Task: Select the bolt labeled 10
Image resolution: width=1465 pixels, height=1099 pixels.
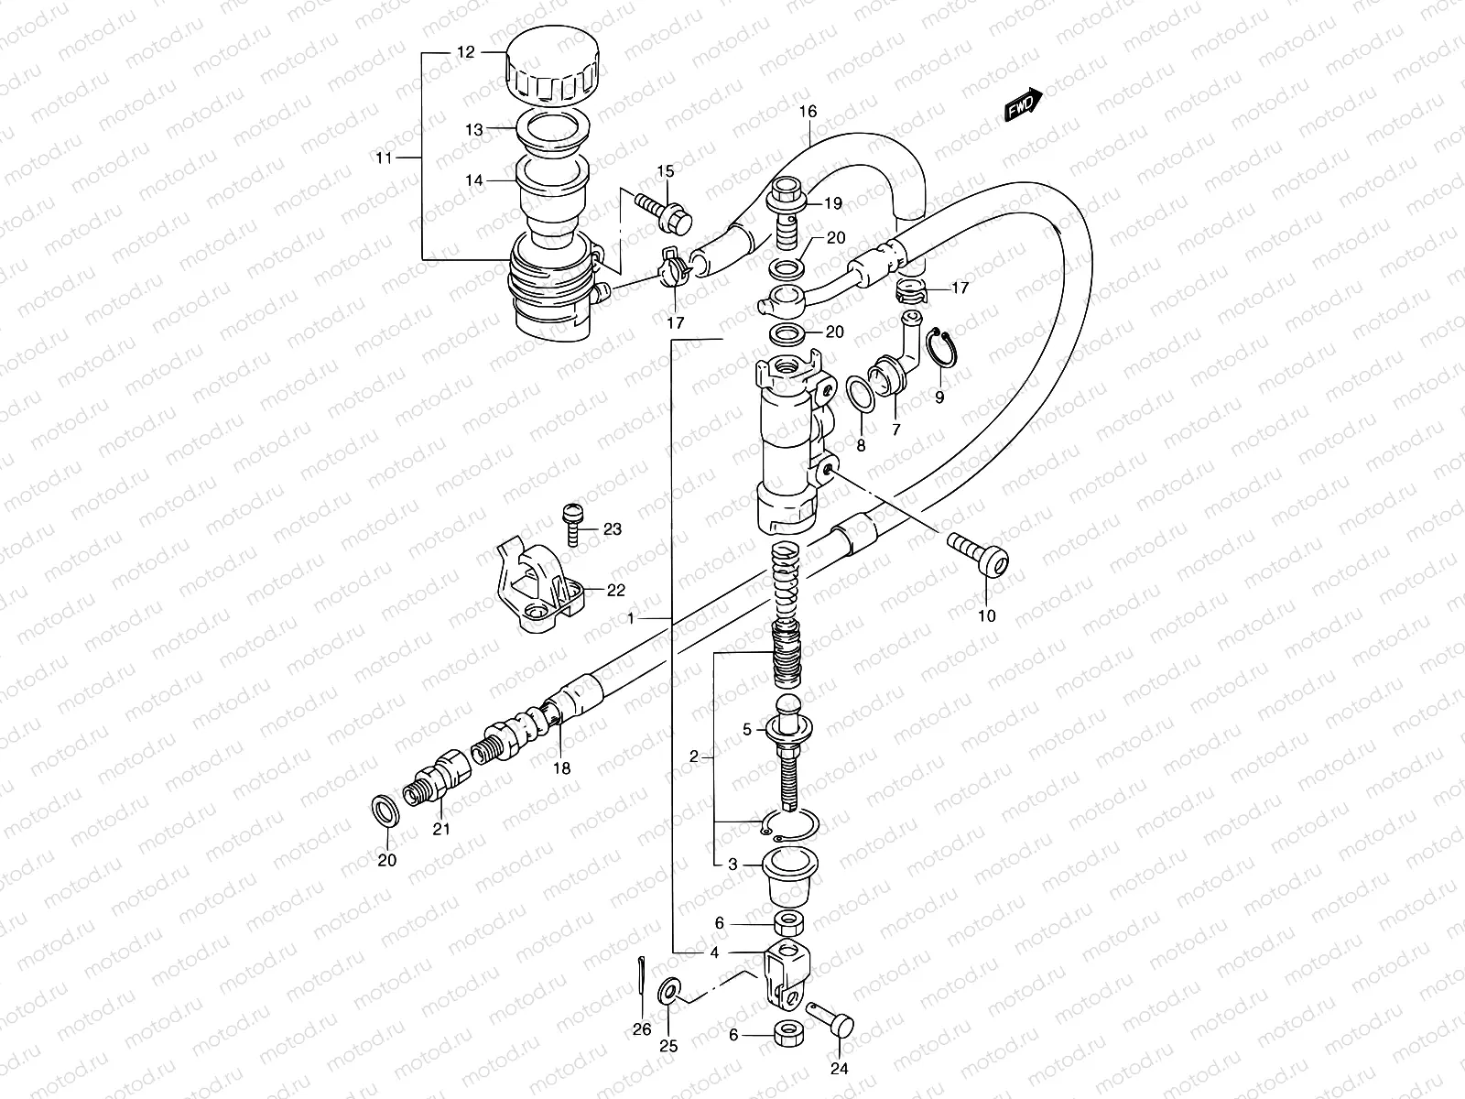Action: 977,558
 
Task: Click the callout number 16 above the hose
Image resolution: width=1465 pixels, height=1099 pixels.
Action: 807,112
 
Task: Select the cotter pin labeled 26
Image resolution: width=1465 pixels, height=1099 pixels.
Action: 637,976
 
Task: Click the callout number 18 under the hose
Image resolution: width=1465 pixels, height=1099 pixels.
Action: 562,768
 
